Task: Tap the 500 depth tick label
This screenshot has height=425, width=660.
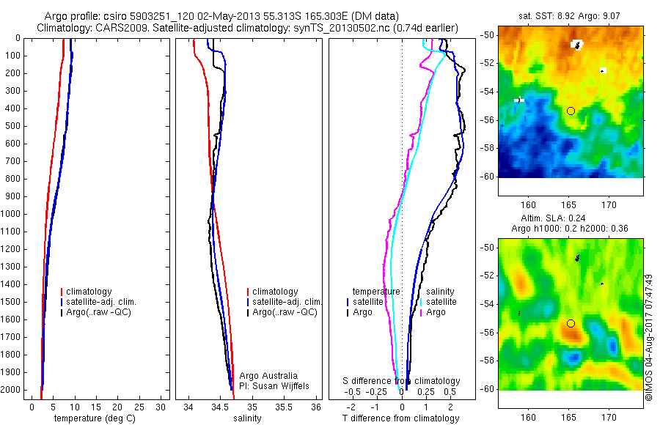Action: coord(12,126)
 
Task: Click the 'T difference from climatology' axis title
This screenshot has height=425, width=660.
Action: coord(400,418)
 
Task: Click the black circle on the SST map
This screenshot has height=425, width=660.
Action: coord(571,111)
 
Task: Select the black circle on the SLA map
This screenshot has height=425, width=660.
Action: coord(571,323)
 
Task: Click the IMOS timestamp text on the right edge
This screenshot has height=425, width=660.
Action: coord(649,337)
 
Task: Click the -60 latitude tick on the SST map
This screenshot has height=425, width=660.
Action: coord(487,177)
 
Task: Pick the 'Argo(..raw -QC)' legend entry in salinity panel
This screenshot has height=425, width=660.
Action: coord(285,312)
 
